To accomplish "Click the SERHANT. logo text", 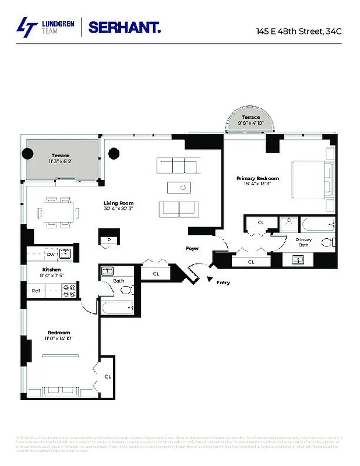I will pyautogui.click(x=125, y=27).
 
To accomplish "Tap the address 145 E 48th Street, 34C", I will pyautogui.click(x=298, y=31).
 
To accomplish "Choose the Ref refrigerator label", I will pyautogui.click(x=36, y=290).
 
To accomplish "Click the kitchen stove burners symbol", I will pyautogui.click(x=69, y=290).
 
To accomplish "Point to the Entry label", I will pyautogui.click(x=223, y=283).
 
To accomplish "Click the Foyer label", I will pyautogui.click(x=192, y=249).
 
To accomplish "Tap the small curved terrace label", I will pyautogui.click(x=251, y=117).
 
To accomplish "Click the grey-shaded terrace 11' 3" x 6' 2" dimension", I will pyautogui.click(x=60, y=161).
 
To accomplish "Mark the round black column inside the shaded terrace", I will pyautogui.click(x=28, y=154).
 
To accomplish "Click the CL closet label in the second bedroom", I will pyautogui.click(x=108, y=376).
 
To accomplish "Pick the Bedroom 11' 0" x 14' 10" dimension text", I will pyautogui.click(x=59, y=338).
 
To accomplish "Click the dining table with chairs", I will pyautogui.click(x=58, y=211).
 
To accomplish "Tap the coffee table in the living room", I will pyautogui.click(x=178, y=187).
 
